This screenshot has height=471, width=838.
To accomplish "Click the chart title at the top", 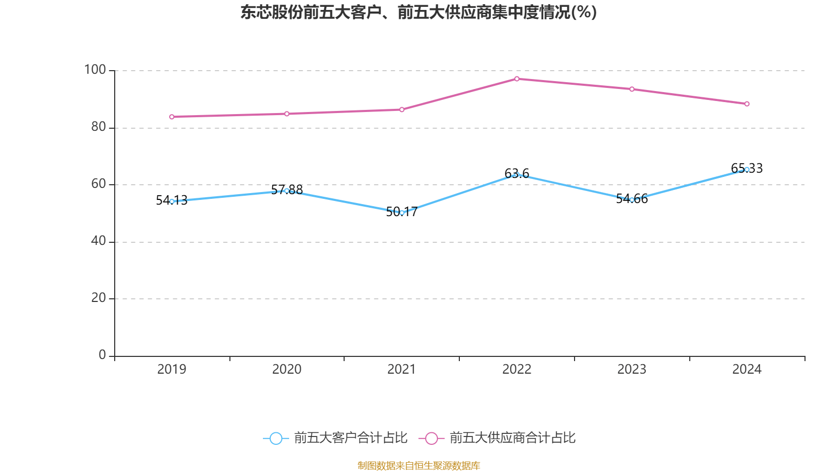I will coord(418,12).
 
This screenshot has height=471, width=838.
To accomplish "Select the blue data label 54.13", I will coord(172,200).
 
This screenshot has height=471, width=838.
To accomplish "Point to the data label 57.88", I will coord(287,189).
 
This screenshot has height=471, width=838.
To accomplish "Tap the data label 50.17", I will coord(402,211).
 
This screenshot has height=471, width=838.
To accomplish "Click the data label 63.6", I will coord(517,173).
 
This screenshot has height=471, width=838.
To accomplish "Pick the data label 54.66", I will coord(632,198).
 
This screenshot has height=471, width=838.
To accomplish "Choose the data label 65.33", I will coord(747,168).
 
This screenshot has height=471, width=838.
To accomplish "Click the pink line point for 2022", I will coord(517,79).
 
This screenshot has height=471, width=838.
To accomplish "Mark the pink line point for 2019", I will coord(172,117).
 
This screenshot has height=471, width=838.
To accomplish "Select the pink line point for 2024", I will coord(747,104).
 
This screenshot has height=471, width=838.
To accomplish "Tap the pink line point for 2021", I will coord(402,109).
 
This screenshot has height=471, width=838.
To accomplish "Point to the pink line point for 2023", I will coord(632,89).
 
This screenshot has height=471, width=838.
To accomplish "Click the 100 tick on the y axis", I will coord(95,70).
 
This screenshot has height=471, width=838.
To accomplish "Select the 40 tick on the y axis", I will coord(98,241).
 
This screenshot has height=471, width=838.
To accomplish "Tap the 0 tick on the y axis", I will coord(102,355).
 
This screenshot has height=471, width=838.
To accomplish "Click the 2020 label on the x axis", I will coord(286,369).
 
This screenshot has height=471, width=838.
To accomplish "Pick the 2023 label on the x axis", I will coord(632,369).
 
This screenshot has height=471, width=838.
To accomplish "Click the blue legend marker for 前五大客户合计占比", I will coord(275,438).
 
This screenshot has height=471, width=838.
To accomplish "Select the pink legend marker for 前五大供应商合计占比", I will coord(431,438).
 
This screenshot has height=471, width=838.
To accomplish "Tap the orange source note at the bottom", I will coord(418,465).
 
